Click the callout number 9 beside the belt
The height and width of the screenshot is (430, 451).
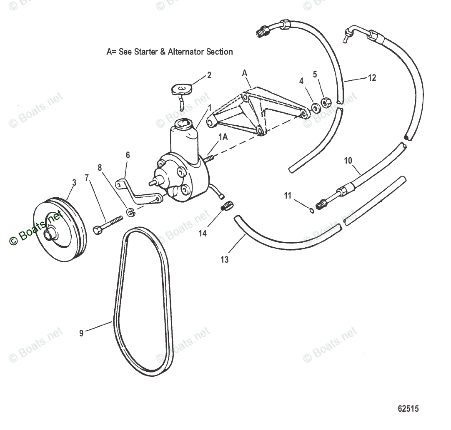81,333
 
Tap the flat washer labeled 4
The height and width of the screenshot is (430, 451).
316,109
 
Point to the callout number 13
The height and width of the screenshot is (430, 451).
225,260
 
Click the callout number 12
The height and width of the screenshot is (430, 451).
372,77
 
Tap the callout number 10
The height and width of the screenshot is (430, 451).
348,160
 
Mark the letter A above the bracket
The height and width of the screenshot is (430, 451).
244,73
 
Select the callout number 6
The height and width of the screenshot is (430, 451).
128,155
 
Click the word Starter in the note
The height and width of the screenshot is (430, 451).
145,52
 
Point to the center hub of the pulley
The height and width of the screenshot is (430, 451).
49,235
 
